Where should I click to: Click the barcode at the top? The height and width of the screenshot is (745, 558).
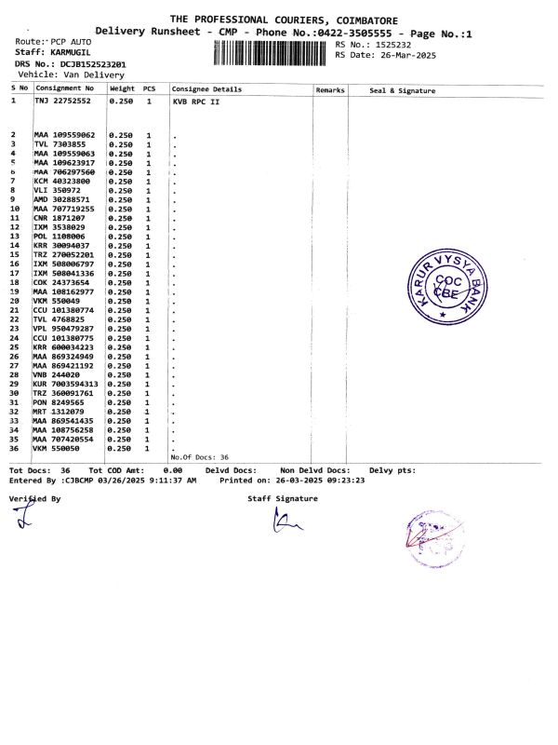click(x=272, y=52)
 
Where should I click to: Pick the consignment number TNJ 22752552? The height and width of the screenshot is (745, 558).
click(x=63, y=100)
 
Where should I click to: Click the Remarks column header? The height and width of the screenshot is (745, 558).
click(x=330, y=89)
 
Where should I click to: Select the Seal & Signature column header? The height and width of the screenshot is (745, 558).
click(x=402, y=90)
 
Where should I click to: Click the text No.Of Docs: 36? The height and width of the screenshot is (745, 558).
click(x=198, y=457)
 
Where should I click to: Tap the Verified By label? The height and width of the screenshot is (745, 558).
click(x=34, y=499)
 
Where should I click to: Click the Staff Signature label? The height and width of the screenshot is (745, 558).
click(x=282, y=498)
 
